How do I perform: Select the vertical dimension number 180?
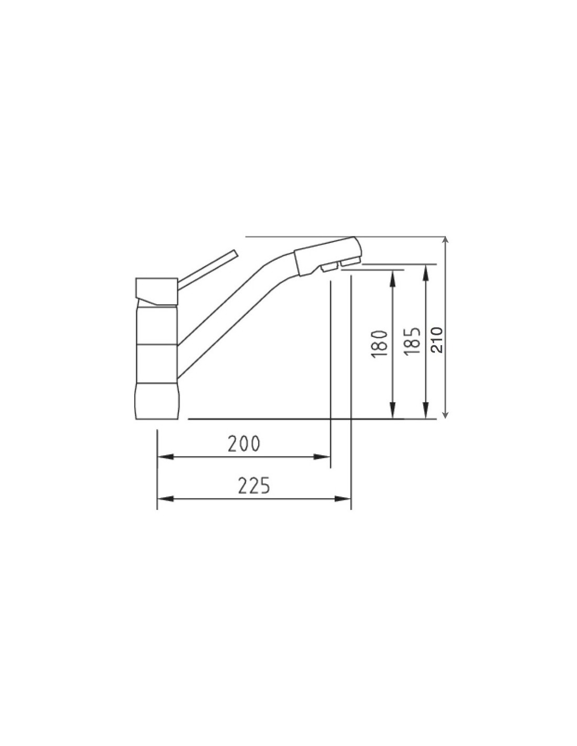(x=379, y=344)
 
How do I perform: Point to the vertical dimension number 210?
(x=436, y=340)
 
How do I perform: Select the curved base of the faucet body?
(x=157, y=401)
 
